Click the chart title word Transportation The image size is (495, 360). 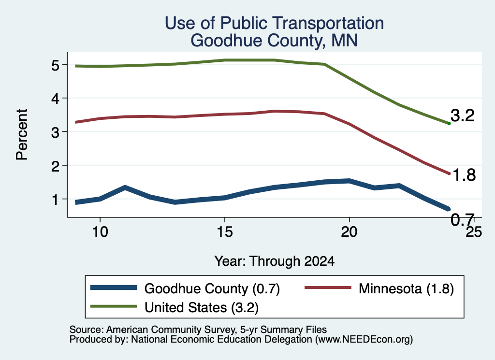pyautogui.click(x=328, y=23)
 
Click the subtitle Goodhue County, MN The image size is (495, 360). pyautogui.click(x=274, y=41)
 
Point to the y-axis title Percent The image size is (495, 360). pyautogui.click(x=22, y=134)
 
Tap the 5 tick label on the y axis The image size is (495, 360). pyautogui.click(x=55, y=65)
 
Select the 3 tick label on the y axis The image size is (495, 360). pyautogui.click(x=55, y=132)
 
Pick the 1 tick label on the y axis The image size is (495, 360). pyautogui.click(x=56, y=200)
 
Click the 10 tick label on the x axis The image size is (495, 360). pyautogui.click(x=100, y=232)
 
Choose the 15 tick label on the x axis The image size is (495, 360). pyautogui.click(x=224, y=232)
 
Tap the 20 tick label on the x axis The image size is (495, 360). pyautogui.click(x=349, y=232)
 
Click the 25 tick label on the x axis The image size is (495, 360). pyautogui.click(x=474, y=232)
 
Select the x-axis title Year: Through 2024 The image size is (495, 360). pyautogui.click(x=275, y=261)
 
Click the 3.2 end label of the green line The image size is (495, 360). pyautogui.click(x=463, y=115)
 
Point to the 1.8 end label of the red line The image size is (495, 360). pyautogui.click(x=464, y=175)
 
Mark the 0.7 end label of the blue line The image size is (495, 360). pyautogui.click(x=463, y=219)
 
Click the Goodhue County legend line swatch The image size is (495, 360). pyautogui.click(x=114, y=288)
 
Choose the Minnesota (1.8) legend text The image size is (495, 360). pyautogui.click(x=406, y=288)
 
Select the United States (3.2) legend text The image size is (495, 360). pyautogui.click(x=202, y=308)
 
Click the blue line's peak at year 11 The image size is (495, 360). pyautogui.click(x=125, y=187)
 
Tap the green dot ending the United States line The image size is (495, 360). pyautogui.click(x=449, y=123)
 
